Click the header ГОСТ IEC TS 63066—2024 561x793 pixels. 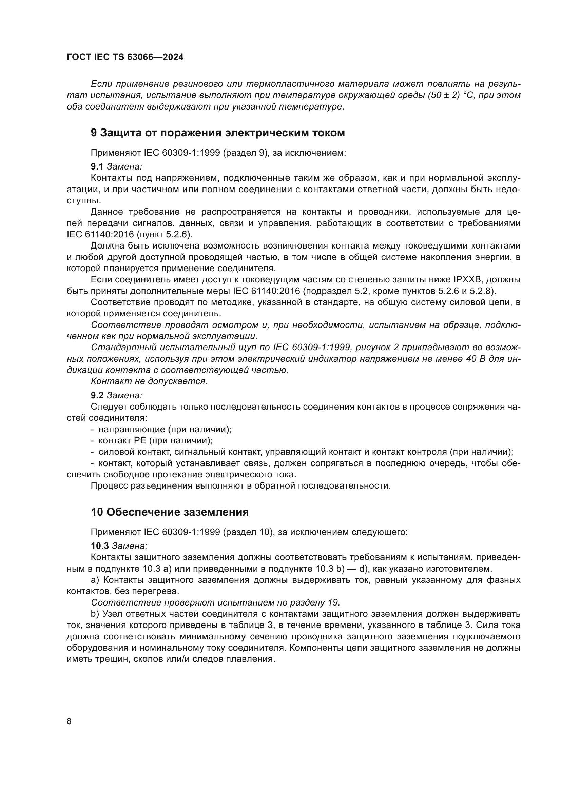coord(125,57)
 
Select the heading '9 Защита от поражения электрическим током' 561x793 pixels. coord(218,133)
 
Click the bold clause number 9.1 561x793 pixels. coord(97,166)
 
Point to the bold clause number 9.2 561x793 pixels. coord(97,395)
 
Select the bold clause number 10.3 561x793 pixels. coord(99,546)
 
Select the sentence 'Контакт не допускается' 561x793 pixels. coord(149,381)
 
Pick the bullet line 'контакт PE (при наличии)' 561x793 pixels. coord(155,441)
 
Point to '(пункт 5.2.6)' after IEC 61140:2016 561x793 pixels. coord(165,234)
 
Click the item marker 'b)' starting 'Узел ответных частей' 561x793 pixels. coord(95,614)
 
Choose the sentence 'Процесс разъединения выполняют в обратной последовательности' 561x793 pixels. coord(241,485)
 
